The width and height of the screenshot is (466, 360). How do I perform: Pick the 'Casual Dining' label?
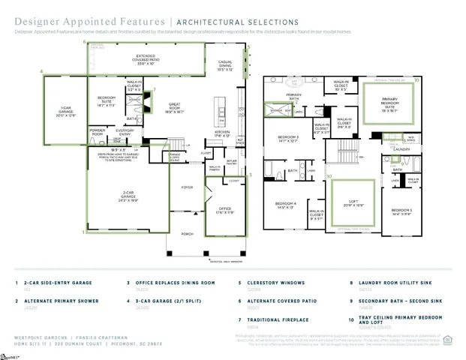pyautogui.click(x=224, y=64)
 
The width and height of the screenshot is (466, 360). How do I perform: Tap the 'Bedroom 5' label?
pyautogui.click(x=401, y=211)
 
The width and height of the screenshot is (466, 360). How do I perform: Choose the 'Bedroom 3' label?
pyautogui.click(x=288, y=138)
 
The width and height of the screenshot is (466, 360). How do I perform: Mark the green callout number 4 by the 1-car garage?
pyautogui.click(x=42, y=72)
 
